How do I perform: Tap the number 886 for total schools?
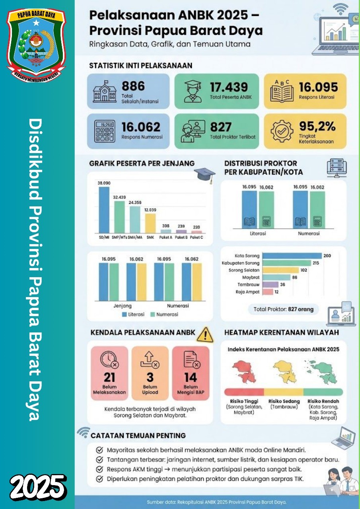click(133, 86)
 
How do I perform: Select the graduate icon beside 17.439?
click(193, 91)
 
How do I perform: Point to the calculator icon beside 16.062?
click(105, 131)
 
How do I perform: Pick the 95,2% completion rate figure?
click(317, 126)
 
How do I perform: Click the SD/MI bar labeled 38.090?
click(104, 210)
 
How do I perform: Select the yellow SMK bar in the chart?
click(150, 223)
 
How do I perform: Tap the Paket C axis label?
click(197, 237)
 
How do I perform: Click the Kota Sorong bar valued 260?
click(292, 256)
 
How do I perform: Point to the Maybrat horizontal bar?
click(276, 278)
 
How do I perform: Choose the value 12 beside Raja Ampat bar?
click(276, 292)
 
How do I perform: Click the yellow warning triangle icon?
click(205, 335)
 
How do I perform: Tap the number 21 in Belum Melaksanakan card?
click(109, 377)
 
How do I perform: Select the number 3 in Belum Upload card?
click(150, 377)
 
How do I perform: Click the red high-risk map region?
click(244, 371)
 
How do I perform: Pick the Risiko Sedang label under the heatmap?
click(284, 401)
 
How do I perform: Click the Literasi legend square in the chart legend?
click(125, 315)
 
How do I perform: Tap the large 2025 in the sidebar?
click(38, 487)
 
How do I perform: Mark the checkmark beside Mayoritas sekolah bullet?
click(99, 450)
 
